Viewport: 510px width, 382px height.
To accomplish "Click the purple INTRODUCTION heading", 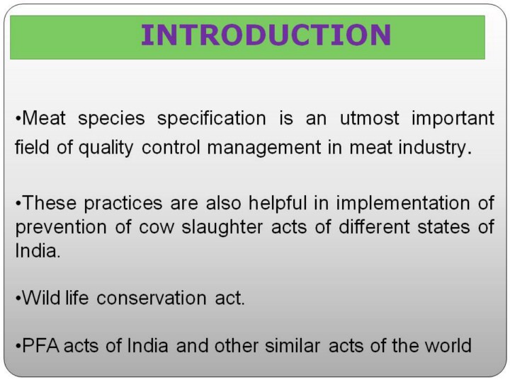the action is point(266,35).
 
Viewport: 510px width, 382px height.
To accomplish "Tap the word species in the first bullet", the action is point(111,119).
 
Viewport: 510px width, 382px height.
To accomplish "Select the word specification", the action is point(211,119).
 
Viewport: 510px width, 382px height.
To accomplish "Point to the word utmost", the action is point(369,118).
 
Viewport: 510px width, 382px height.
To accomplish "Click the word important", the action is point(453,119).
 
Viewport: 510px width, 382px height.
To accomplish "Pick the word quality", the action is point(106,148).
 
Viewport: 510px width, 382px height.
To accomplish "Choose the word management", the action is point(264,148).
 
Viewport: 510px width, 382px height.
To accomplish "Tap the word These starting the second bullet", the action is point(50,203).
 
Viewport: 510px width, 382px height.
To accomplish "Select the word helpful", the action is point(278,203).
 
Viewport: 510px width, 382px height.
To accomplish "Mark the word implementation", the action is point(402,204).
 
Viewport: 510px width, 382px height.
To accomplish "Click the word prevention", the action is point(61,227).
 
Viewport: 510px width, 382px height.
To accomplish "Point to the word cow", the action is point(157,228).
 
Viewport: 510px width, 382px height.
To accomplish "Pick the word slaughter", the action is point(222,227).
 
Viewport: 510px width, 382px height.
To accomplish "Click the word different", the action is point(374,226).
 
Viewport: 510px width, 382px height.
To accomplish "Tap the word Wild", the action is point(41,298).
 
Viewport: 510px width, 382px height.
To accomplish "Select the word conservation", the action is point(152,299).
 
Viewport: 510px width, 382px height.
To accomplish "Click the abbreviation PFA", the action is point(41,346).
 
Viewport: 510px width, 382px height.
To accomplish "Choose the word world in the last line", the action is point(448,346).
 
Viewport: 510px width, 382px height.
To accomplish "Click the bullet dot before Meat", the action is point(18,119).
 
